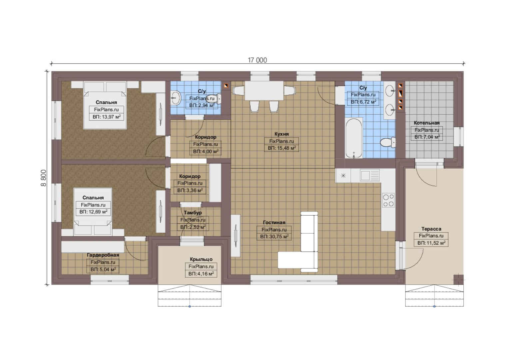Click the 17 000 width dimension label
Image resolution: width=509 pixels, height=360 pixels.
257,60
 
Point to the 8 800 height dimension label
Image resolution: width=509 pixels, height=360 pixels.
43,178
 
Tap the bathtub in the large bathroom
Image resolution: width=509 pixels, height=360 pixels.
354,138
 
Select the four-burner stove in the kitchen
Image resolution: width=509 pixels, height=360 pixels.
388,200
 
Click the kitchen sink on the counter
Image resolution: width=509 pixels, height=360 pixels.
369,175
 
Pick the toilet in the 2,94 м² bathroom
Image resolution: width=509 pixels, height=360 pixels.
214,99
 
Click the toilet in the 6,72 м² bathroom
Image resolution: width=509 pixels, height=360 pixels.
388,142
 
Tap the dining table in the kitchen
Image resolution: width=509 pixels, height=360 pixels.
264,91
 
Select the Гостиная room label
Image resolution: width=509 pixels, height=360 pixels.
274,222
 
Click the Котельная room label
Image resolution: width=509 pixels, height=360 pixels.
426,123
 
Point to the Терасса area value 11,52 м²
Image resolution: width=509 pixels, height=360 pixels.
431,243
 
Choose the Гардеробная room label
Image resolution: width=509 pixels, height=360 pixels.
103,255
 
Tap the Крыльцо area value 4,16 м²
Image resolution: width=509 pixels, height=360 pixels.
201,274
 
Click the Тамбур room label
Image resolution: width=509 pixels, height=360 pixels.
193,213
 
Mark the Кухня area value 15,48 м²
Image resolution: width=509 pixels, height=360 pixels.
282,148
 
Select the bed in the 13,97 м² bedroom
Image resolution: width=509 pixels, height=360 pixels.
105,105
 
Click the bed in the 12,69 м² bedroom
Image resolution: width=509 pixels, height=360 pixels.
93,212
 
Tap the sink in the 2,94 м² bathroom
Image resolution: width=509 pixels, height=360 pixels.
176,98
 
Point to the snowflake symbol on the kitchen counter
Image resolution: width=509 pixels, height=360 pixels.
343,175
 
